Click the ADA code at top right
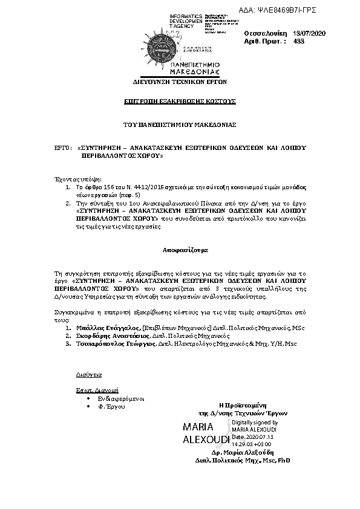pyautogui.click(x=286, y=10)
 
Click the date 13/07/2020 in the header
pyautogui.click(x=309, y=33)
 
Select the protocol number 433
pyautogui.click(x=298, y=41)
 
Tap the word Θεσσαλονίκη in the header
pyautogui.click(x=265, y=33)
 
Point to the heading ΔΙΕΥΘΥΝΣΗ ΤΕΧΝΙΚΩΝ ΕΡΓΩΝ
pyautogui.click(x=171, y=80)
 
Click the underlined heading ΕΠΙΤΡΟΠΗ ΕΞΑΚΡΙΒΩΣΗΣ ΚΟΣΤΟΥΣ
pyautogui.click(x=180, y=100)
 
